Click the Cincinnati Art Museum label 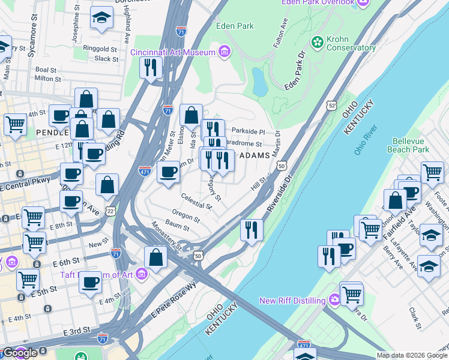pyautogui.click(x=173, y=52)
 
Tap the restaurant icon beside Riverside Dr pyautogui.click(x=252, y=230)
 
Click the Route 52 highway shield pyautogui.click(x=331, y=105)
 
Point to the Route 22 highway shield pyautogui.click(x=109, y=210)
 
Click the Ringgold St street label pyautogui.click(x=100, y=49)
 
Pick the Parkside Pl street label pyautogui.click(x=248, y=131)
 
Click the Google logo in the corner pyautogui.click(x=20, y=353)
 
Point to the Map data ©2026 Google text pyautogui.click(x=412, y=355)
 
